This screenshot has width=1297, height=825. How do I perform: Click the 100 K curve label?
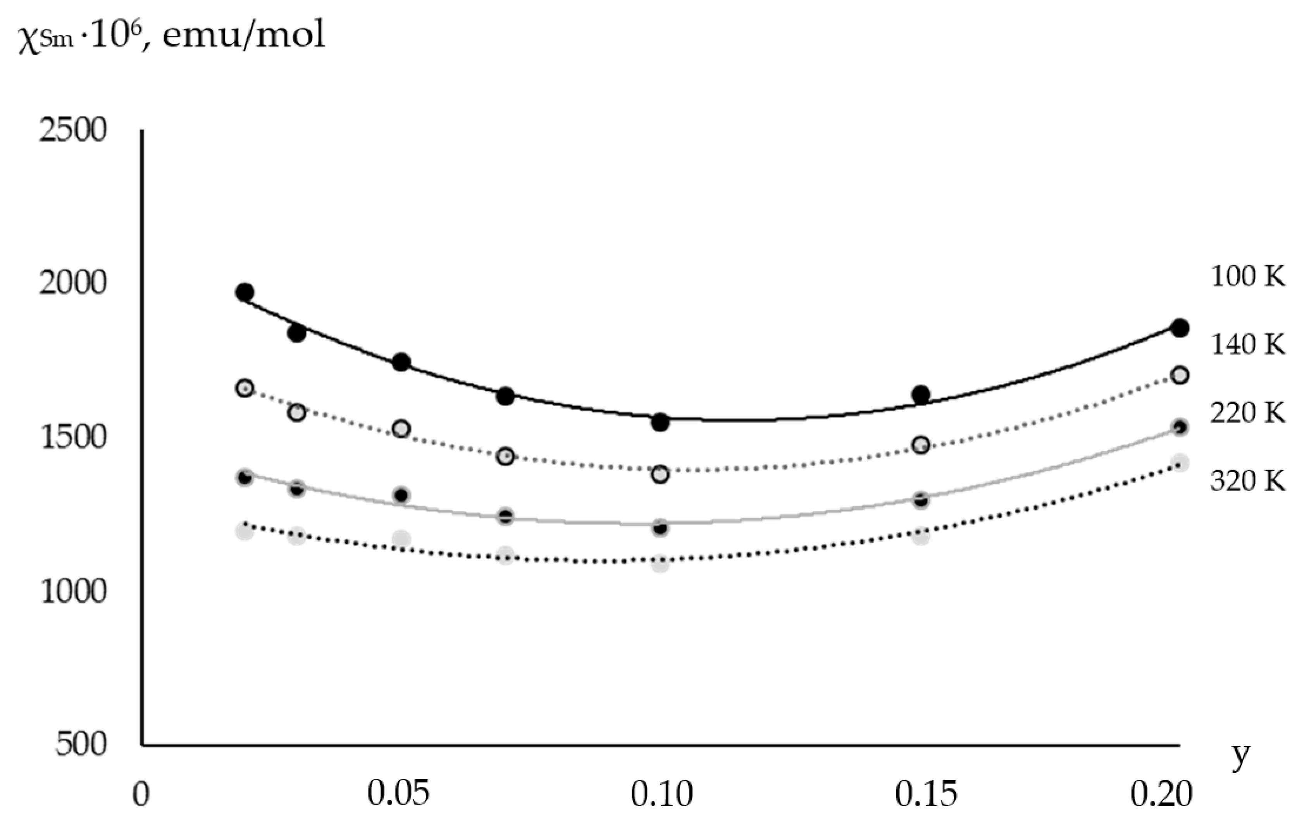point(1247,277)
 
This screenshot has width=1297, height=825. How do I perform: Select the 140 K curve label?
point(1247,345)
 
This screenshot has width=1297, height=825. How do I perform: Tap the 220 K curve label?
point(1247,413)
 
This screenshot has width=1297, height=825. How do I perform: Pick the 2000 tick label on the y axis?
point(73,283)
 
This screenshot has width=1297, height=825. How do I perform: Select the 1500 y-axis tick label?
point(73,437)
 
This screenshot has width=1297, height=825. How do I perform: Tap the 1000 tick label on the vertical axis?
point(73,591)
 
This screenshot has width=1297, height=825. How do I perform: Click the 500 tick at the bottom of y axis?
point(81,745)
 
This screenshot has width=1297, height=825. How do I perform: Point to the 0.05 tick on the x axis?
point(399,793)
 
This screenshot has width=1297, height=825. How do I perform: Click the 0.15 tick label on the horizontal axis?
point(926,793)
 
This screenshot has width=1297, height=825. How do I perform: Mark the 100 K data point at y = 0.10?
point(660,422)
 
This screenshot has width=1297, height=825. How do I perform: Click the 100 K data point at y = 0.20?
point(1180,328)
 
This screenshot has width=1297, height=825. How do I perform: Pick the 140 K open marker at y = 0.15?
point(921,445)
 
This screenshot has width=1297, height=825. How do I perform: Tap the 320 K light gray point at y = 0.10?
point(660,564)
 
